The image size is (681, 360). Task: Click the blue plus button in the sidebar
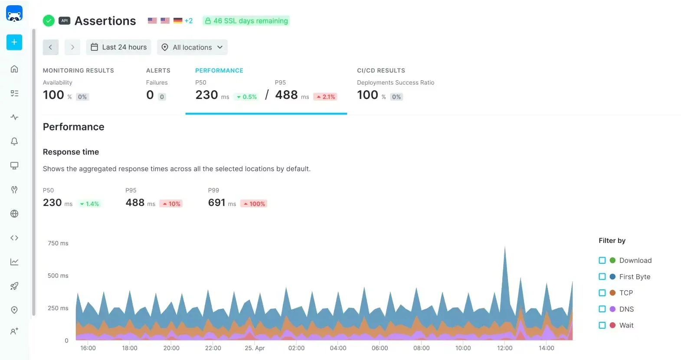(14, 42)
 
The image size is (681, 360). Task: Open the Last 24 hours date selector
(118, 47)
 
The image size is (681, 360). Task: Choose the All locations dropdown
(192, 47)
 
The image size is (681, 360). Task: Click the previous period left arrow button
(50, 47)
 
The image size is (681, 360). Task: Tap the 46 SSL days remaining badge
(246, 21)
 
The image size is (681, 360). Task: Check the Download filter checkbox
(602, 260)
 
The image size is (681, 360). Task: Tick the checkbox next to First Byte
(602, 277)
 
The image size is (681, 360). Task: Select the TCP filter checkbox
(602, 293)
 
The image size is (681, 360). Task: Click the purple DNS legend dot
(612, 309)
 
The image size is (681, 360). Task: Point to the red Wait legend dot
(612, 325)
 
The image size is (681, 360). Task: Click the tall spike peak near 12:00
(504, 249)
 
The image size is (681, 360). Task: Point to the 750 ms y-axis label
(58, 243)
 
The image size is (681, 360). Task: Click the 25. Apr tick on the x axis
(255, 348)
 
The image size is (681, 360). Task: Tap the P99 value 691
(216, 203)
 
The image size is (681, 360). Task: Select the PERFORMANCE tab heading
(219, 70)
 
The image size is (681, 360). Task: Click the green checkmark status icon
(49, 21)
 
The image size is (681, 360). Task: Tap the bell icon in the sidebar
(14, 141)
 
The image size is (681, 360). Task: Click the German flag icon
(178, 20)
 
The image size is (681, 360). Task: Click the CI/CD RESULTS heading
(381, 70)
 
